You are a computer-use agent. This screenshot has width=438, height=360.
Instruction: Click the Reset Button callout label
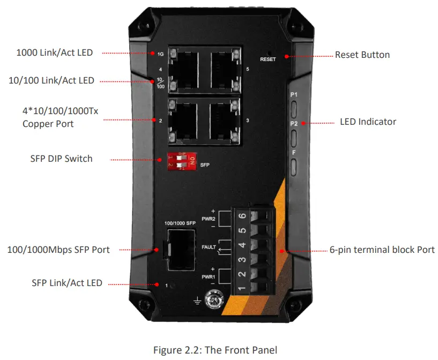[362, 55]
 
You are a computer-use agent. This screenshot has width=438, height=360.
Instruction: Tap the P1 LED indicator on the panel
[294, 107]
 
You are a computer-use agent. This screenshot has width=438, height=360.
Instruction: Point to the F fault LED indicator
[294, 166]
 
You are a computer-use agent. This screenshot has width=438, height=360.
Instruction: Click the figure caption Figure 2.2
[215, 350]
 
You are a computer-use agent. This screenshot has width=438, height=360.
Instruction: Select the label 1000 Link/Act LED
[55, 52]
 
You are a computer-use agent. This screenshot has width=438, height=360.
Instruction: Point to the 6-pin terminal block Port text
[382, 250]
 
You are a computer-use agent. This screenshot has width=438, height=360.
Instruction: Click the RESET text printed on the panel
[268, 59]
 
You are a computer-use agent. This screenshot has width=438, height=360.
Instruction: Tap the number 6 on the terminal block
[241, 215]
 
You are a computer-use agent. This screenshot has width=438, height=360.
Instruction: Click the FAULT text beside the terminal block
[209, 247]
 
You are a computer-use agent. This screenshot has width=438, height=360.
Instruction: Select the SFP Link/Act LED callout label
[67, 282]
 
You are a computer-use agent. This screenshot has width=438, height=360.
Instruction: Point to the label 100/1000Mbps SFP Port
[58, 249]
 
